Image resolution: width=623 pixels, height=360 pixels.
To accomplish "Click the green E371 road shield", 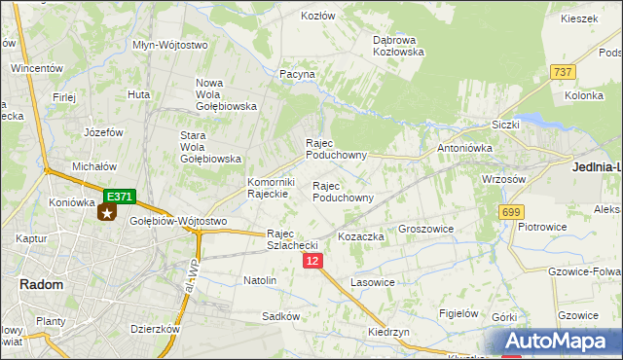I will coord(119,197).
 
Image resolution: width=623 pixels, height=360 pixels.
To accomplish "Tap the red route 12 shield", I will coord(311,262).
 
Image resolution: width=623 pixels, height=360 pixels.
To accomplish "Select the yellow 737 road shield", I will coord(562,72).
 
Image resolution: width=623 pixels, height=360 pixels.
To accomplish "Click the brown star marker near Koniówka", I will coord(106,212).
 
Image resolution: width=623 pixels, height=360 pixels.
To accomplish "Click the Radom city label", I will coord(41,284).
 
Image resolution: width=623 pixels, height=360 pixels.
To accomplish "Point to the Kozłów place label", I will coord(317,17).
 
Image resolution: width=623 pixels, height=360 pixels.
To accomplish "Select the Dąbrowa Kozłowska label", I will coord(398,46).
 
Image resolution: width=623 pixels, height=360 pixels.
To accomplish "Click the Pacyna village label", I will coord(297,74).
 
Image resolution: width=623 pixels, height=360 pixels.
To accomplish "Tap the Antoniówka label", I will coord(464,148).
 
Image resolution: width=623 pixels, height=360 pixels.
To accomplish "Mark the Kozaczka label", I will coord(360,236).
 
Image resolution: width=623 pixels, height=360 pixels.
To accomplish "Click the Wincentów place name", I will coord(37,69).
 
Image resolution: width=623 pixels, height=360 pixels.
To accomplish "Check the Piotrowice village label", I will coord(543,227).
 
